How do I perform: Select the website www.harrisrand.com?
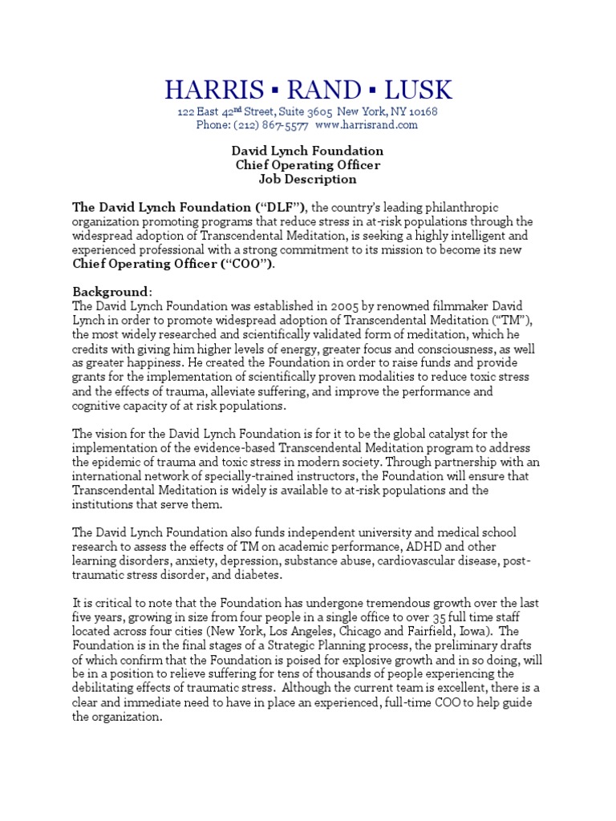[x=367, y=125]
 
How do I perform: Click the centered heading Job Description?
[x=307, y=180]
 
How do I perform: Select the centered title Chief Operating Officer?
[x=307, y=165]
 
